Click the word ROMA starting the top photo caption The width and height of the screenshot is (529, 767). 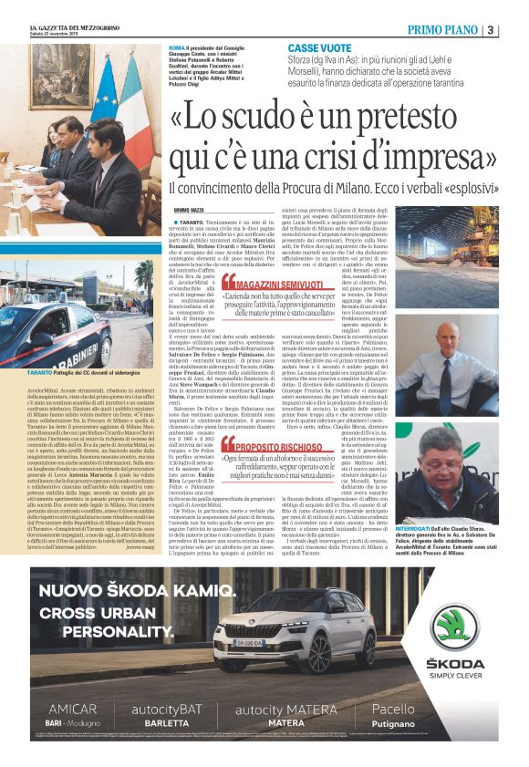178,46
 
